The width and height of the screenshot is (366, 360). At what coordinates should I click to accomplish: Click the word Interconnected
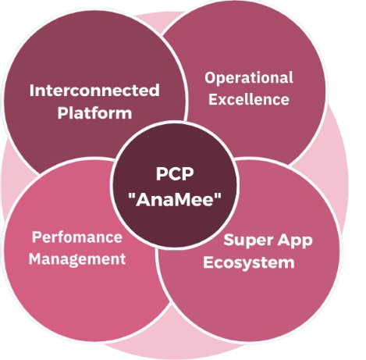pyautogui.click(x=94, y=91)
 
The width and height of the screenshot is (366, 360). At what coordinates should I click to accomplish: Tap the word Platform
pyautogui.click(x=94, y=113)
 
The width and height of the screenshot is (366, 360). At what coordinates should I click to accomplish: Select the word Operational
pyautogui.click(x=249, y=78)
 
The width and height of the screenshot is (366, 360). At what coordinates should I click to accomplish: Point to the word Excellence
pyautogui.click(x=249, y=99)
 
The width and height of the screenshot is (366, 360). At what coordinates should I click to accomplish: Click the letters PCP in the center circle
pyautogui.click(x=175, y=174)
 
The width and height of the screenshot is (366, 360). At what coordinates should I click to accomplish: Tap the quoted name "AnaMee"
pyautogui.click(x=175, y=199)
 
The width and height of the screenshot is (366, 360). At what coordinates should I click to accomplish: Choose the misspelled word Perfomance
pyautogui.click(x=77, y=237)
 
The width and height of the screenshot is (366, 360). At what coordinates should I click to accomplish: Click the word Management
pyautogui.click(x=77, y=259)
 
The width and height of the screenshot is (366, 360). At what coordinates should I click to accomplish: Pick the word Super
pyautogui.click(x=247, y=240)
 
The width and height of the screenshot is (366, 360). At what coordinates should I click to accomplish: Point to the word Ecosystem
pyautogui.click(x=249, y=262)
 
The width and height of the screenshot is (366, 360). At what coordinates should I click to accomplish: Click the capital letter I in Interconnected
pyautogui.click(x=31, y=91)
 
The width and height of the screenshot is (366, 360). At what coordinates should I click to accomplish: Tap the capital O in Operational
pyautogui.click(x=211, y=77)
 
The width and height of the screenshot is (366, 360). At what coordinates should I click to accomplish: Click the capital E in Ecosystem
pyautogui.click(x=208, y=262)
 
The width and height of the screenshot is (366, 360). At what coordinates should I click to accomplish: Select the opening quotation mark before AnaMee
pyautogui.click(x=132, y=195)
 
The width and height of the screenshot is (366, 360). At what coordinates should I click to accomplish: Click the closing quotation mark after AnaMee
pyautogui.click(x=218, y=195)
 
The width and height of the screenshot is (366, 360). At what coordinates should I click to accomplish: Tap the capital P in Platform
pyautogui.click(x=62, y=113)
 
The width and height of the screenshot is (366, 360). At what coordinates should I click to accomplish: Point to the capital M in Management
pyautogui.click(x=35, y=259)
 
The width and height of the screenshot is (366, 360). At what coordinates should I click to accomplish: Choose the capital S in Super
pyautogui.click(x=229, y=240)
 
